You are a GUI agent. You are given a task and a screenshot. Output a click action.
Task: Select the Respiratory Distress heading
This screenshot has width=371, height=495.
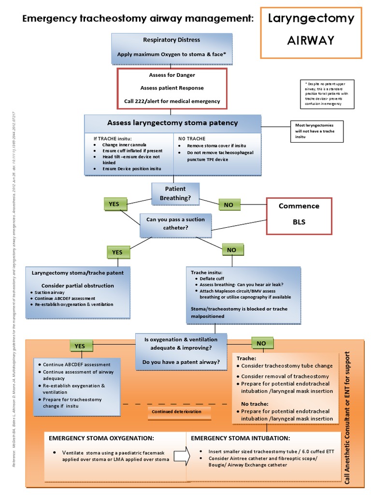click(171, 40)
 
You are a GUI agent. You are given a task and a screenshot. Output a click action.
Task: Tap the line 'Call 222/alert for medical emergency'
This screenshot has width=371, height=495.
click(171, 101)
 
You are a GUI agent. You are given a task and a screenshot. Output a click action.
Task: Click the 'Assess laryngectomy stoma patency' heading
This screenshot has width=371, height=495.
click(172, 123)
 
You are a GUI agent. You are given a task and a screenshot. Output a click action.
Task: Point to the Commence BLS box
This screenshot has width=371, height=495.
click(299, 214)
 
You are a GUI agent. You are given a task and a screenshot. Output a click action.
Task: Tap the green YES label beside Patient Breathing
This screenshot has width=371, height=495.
click(114, 204)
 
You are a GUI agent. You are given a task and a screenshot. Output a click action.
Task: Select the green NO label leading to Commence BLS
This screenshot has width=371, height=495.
click(228, 205)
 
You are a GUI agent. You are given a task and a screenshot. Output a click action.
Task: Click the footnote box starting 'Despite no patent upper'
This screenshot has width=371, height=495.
click(326, 93)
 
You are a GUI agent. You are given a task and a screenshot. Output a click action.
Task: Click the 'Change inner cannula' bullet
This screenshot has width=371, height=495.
click(124, 145)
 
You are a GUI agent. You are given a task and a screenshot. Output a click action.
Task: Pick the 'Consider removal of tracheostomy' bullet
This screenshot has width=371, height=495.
click(285, 376)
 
